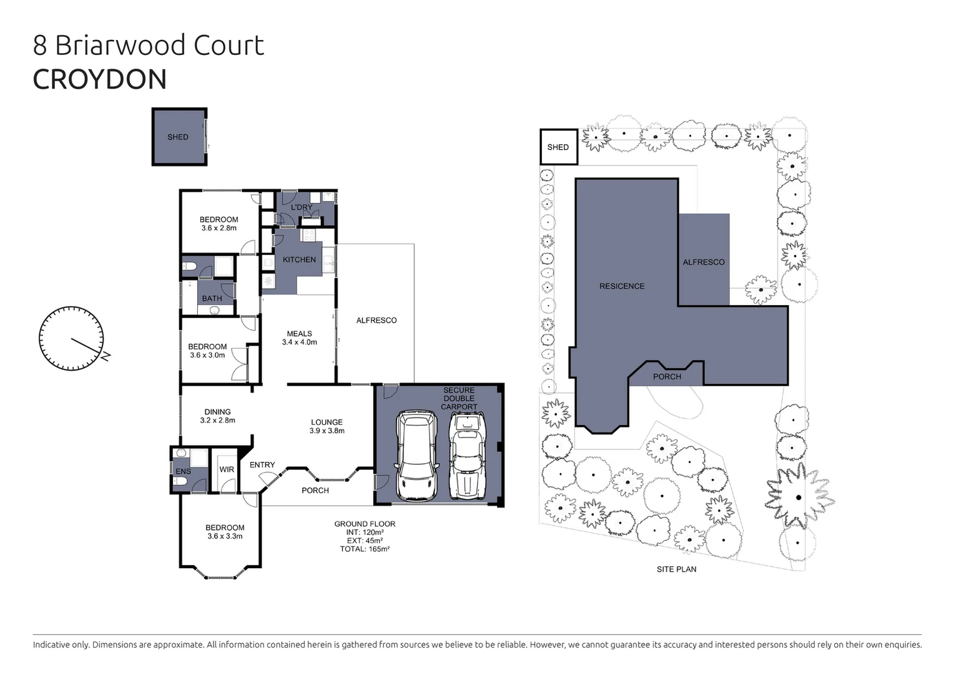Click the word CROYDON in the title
coord(100,79)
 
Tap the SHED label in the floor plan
coord(178,137)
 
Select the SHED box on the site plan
coord(558,147)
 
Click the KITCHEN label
coord(299,259)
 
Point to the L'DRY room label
coord(302,207)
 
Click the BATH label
coord(212,299)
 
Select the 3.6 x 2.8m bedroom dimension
coord(219,228)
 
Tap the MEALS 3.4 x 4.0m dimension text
coord(299,342)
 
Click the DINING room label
coord(217,412)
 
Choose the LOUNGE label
coord(327,422)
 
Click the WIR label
coord(227,469)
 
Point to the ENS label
coord(183,471)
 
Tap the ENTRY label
coord(262,465)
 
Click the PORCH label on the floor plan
coord(315,491)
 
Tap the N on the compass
coord(107,356)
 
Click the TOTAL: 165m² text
coord(365,549)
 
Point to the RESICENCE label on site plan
coord(622,286)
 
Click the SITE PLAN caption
coord(676,569)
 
